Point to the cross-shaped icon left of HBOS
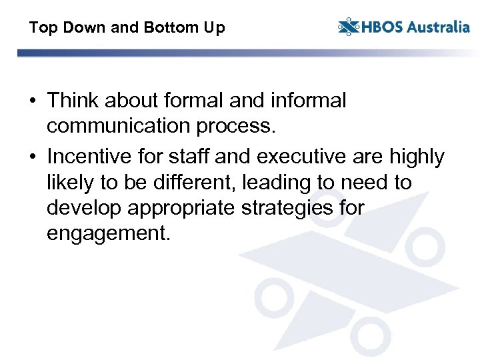click(x=349, y=27)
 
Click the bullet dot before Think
click(x=32, y=101)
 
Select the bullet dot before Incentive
click(x=32, y=158)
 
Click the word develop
click(x=85, y=209)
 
